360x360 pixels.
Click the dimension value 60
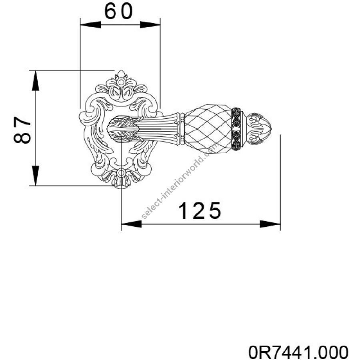pos(118,11)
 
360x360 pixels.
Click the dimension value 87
pos(22,130)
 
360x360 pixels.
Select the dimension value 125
pos(199,210)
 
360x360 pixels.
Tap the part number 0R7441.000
pos(298,352)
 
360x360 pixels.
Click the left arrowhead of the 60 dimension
pos(90,24)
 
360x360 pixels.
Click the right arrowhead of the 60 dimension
pos(150,24)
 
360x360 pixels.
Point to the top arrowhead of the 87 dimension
pos(35,80)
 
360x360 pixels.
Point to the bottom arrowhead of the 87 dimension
pos(35,176)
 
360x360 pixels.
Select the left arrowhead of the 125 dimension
pos(131,224)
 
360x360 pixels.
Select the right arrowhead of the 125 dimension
pos(270,224)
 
